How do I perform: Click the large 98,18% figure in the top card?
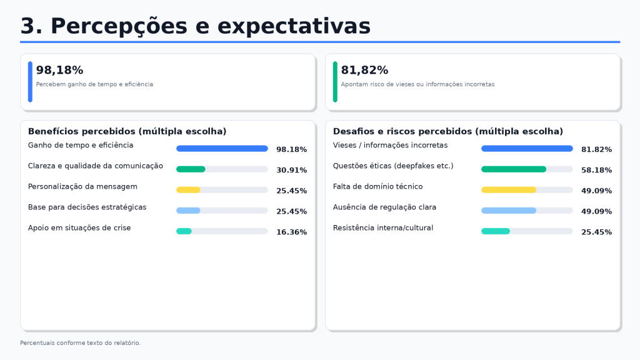(x=59, y=70)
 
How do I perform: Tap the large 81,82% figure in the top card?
(x=364, y=70)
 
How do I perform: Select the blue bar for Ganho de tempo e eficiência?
(x=222, y=149)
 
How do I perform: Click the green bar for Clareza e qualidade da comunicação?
(x=191, y=169)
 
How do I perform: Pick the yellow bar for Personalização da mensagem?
(x=188, y=190)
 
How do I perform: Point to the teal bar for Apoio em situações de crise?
(x=184, y=231)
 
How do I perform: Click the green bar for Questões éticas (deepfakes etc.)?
(x=514, y=169)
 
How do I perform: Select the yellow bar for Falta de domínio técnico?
(x=509, y=190)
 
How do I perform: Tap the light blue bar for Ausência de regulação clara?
(x=509, y=211)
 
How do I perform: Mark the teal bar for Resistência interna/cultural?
(x=496, y=231)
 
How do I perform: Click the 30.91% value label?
(x=291, y=170)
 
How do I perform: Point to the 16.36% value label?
(x=291, y=232)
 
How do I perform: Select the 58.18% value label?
(x=596, y=170)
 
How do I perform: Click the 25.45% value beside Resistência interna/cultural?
(x=596, y=232)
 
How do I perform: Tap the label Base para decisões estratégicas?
(x=87, y=207)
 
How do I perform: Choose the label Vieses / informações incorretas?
(x=390, y=145)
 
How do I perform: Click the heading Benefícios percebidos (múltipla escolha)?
(x=127, y=131)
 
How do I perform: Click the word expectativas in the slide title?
(x=294, y=26)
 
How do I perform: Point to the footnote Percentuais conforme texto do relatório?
(x=81, y=343)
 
